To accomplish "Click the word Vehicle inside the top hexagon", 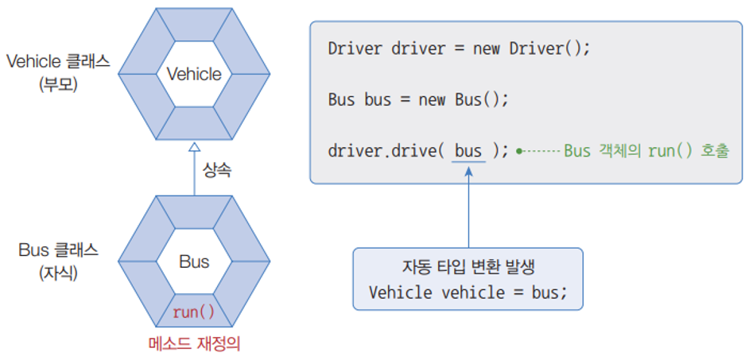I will click(x=194, y=75).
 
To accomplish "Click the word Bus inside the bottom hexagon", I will click(x=194, y=261).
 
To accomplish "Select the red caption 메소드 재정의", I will click(x=194, y=344).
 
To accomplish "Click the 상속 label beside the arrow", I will click(x=216, y=170).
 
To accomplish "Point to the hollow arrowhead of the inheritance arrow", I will click(x=193, y=148).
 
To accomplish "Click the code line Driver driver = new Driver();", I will click(x=460, y=48).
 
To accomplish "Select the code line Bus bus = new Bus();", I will click(x=417, y=100).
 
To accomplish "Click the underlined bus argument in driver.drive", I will click(x=468, y=151).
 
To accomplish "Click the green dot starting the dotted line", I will click(x=518, y=151).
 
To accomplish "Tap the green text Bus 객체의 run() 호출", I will click(x=646, y=151).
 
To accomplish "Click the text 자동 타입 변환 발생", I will click(x=468, y=268).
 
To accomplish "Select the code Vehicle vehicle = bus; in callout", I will click(x=468, y=291).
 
